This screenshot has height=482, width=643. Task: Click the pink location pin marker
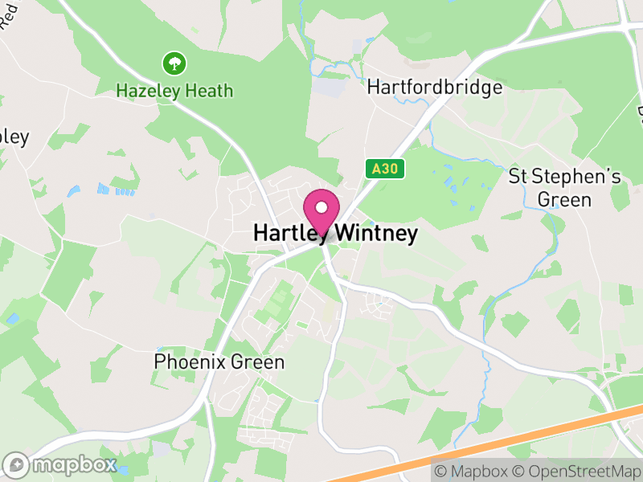click(321, 211)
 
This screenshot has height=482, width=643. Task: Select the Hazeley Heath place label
click(174, 90)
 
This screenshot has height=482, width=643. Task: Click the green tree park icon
click(173, 63)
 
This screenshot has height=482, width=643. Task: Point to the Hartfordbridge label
click(435, 88)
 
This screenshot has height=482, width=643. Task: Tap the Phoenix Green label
click(219, 362)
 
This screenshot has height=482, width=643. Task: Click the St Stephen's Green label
click(565, 188)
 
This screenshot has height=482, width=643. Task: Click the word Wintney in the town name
click(376, 233)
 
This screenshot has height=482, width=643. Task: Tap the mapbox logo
click(60, 465)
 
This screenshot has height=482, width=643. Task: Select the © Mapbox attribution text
click(473, 471)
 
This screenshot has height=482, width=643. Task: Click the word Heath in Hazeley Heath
click(208, 90)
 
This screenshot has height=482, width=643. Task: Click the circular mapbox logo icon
click(17, 465)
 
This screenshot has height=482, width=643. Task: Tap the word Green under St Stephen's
click(565, 199)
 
